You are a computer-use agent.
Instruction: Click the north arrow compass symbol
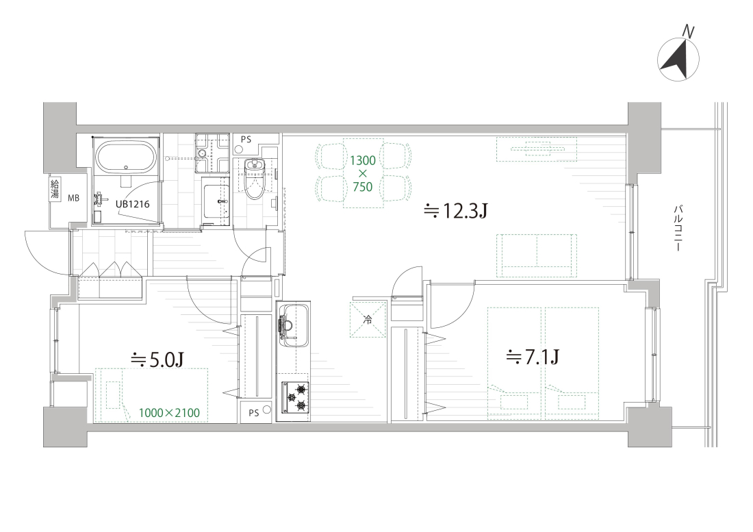click(678, 60)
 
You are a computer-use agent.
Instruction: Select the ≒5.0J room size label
click(158, 359)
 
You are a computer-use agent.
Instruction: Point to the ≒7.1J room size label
click(533, 357)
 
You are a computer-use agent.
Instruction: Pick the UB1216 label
click(133, 204)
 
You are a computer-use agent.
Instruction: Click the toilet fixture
click(254, 177)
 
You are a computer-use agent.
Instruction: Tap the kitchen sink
click(293, 324)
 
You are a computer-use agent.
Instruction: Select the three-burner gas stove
click(294, 396)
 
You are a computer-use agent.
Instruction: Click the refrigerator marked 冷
click(368, 319)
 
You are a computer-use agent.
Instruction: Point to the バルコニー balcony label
click(678, 229)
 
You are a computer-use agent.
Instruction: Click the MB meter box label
click(73, 198)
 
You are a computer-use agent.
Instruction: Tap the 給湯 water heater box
click(55, 189)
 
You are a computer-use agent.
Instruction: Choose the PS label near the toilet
click(246, 140)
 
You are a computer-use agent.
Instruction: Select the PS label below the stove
click(253, 412)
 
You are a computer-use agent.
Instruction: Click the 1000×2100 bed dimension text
click(169, 412)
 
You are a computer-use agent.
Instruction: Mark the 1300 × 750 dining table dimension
click(363, 173)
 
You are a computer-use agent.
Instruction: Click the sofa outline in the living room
click(537, 255)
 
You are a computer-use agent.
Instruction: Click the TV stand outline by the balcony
click(537, 149)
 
